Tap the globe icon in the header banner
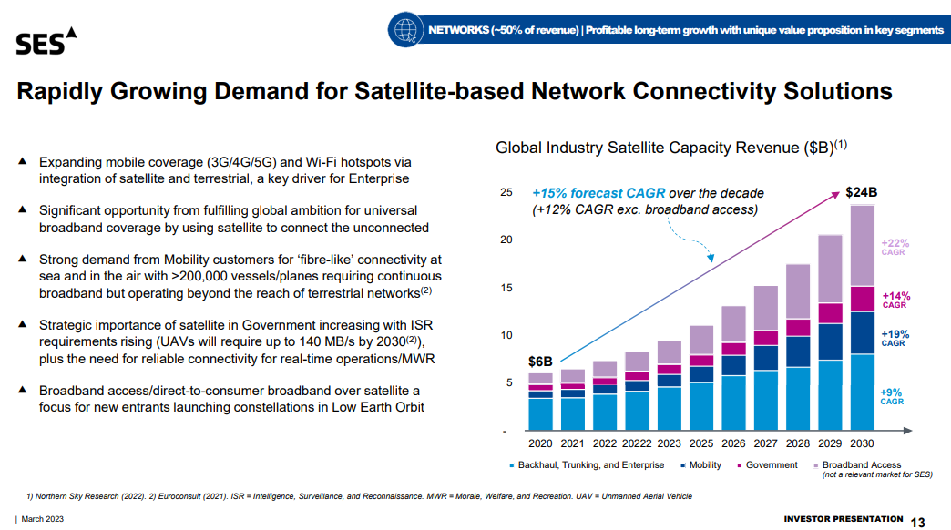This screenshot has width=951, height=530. tap(403, 30)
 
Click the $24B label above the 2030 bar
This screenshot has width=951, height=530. tap(861, 193)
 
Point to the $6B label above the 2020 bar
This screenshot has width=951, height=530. tap(540, 362)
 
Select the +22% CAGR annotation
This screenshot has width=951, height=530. tap(895, 248)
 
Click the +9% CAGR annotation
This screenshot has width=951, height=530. tap(892, 396)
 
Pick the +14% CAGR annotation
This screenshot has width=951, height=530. tap(895, 301)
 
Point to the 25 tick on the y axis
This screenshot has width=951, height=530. tap(506, 193)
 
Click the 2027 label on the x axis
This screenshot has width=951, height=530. tap(766, 443)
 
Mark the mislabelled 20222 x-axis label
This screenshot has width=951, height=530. tap(637, 443)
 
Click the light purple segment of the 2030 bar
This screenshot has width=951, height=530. tap(862, 246)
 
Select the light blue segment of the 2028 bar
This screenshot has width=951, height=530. tap(798, 398)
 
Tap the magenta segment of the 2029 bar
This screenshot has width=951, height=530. tap(830, 313)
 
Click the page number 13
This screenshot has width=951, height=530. tap(917, 522)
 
